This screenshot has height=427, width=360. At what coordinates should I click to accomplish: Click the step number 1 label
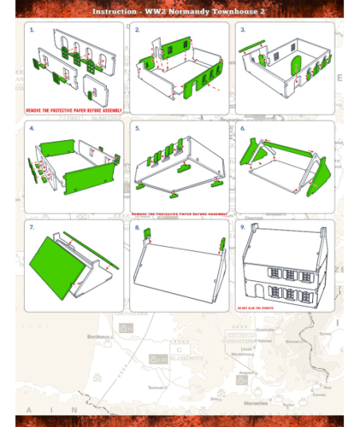coord(32,29)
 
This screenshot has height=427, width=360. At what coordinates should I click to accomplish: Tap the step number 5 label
coord(137,127)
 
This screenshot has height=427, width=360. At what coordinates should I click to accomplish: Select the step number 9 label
coord(242,227)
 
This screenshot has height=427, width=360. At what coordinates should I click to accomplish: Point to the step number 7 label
coord(32,227)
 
